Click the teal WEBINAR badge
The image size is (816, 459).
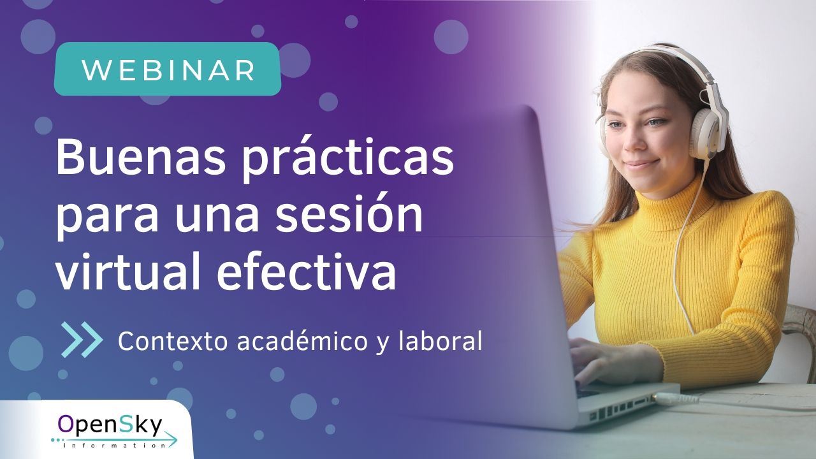168,69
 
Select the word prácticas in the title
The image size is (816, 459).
348,160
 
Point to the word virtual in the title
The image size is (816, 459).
129,270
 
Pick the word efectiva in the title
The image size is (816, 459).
306,270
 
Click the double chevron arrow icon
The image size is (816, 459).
82,340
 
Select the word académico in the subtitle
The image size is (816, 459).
302,340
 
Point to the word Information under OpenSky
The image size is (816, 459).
114,445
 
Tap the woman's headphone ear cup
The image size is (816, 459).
708,133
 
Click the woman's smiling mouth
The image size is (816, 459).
641,164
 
